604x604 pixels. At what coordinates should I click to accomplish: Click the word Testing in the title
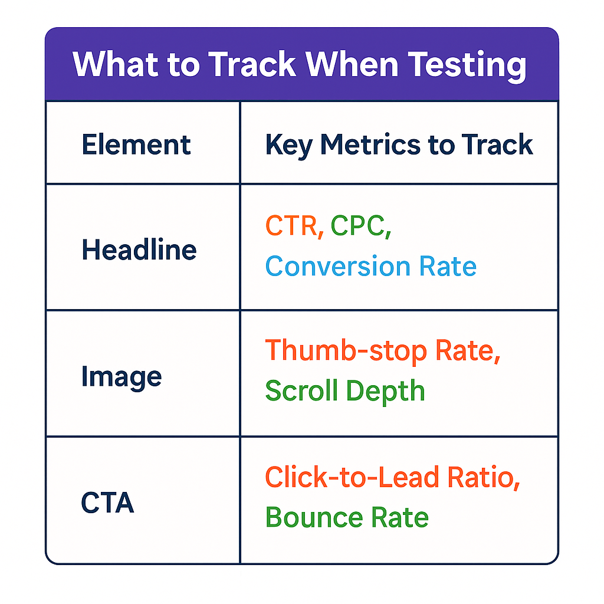click(x=467, y=65)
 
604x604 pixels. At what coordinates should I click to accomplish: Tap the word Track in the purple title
click(x=252, y=64)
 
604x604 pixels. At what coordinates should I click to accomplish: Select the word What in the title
click(x=116, y=64)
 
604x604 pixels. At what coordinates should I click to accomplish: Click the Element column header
click(x=136, y=145)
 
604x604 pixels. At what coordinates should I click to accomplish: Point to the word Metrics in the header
click(x=370, y=145)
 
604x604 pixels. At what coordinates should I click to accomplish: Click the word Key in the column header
click(x=289, y=146)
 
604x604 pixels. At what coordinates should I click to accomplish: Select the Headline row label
click(x=139, y=250)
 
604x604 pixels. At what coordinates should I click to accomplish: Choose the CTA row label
click(x=107, y=503)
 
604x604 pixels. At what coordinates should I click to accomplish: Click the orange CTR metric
click(x=291, y=225)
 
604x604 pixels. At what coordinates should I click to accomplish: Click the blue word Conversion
click(x=338, y=266)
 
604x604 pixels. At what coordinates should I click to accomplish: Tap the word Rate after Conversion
click(x=448, y=266)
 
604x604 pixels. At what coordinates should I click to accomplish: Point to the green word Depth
click(x=385, y=392)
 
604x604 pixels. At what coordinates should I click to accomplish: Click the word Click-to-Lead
click(x=352, y=477)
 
